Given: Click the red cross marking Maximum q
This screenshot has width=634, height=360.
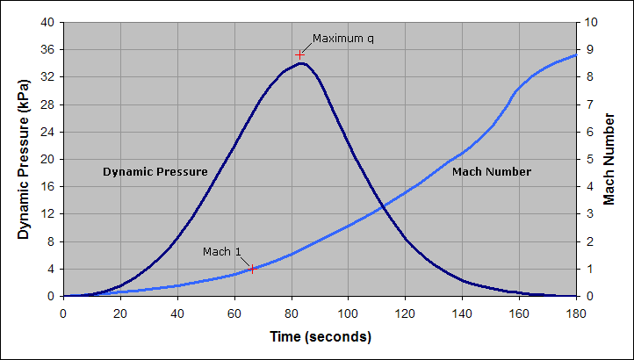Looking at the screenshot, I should [x=299, y=54].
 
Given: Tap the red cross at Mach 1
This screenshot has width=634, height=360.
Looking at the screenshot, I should [x=252, y=269].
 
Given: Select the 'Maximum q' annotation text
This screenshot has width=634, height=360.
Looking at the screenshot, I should [x=349, y=39].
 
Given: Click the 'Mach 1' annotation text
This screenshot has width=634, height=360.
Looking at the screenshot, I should [x=222, y=252].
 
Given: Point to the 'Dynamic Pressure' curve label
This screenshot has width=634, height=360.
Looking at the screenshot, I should [x=155, y=172].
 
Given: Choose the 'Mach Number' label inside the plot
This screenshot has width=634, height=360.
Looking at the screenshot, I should [x=492, y=172].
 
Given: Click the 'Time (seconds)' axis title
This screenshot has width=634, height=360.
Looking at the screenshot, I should [x=321, y=337].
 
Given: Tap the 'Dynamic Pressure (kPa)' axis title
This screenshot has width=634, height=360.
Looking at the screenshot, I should [x=25, y=159].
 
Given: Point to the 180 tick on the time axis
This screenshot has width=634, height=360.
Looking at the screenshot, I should [x=576, y=313].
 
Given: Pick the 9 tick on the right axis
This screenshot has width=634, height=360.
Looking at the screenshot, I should [x=587, y=49].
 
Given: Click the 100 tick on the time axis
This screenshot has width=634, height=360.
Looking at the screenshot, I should [x=349, y=313].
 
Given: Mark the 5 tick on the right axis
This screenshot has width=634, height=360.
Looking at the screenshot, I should [x=587, y=159].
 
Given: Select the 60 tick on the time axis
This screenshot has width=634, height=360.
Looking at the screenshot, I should [x=234, y=313].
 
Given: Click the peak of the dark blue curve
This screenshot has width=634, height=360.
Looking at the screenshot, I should [x=301, y=63].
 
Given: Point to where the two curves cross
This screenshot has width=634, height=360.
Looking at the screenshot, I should [x=381, y=207].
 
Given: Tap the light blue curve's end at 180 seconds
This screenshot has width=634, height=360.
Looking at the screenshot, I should [x=576, y=54].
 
